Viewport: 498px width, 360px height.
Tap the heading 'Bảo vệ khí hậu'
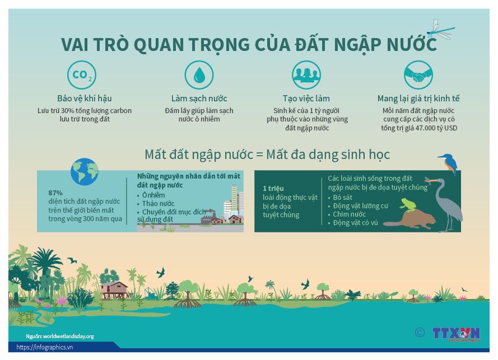tap(84, 99)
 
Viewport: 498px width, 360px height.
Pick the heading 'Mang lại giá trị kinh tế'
tap(418, 99)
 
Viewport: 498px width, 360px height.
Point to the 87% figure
tap(55, 193)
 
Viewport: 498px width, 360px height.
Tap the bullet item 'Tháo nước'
tap(158, 203)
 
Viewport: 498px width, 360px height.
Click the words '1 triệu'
tap(273, 188)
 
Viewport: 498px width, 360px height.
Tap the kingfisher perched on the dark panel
tap(448, 163)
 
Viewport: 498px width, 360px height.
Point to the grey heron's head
tap(439, 181)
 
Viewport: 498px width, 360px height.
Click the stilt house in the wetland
tap(114, 289)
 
